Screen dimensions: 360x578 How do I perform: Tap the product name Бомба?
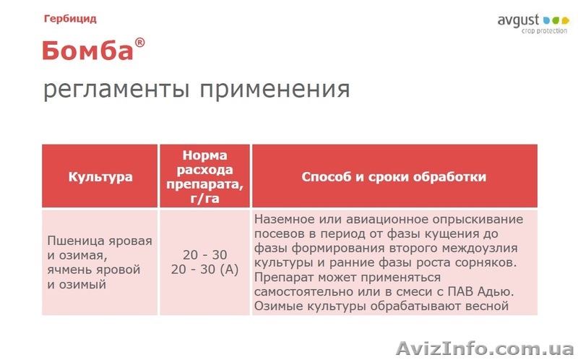click(87, 51)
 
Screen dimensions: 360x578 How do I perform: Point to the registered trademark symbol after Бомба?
click(139, 43)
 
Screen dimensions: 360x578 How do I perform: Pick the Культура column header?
click(100, 177)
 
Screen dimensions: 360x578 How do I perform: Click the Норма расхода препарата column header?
click(204, 177)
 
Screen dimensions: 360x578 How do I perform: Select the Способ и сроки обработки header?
click(394, 177)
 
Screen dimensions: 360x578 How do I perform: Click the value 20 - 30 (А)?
click(204, 270)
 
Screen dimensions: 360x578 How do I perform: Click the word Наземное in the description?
click(285, 218)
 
